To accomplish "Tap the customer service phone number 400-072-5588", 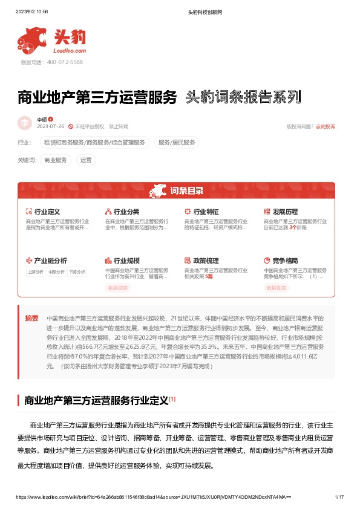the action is tap(60, 62).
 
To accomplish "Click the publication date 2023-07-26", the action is tap(51, 126).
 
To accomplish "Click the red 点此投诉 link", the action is tap(326, 126).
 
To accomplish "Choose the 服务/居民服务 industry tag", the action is tap(177, 143).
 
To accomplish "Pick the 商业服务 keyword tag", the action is tap(56, 160).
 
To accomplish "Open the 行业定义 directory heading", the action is tap(47, 212).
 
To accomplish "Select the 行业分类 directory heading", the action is tap(126, 212).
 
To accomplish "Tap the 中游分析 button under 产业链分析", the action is tap(56, 272).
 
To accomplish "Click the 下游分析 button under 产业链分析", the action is tap(77, 272).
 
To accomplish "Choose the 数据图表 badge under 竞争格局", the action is tap(277, 288).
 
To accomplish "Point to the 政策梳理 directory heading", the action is tap(206, 261).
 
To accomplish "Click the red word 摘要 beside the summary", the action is tap(31, 318).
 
